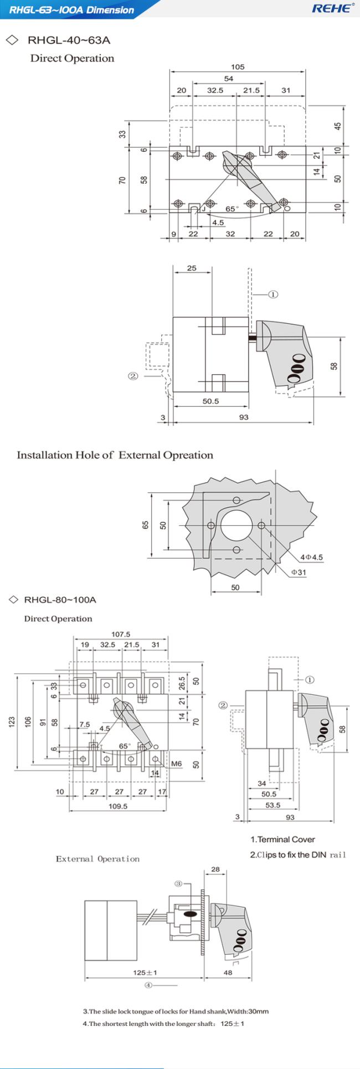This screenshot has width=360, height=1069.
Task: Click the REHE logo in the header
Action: (332, 8)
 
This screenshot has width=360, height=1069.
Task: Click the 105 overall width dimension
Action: (238, 67)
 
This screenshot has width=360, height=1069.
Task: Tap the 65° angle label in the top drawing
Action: (232, 209)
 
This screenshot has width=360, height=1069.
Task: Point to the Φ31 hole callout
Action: (299, 571)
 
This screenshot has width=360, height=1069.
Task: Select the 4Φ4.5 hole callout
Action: (311, 557)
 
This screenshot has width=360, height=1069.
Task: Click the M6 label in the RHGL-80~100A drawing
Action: (176, 763)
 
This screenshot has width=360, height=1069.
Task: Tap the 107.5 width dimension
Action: (121, 634)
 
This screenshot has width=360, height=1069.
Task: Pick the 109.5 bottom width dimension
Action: (117, 806)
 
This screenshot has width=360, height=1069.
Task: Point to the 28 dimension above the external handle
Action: (215, 869)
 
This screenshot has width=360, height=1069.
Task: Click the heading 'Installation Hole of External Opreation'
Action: (115, 455)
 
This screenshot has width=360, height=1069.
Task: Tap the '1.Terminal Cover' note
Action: (282, 839)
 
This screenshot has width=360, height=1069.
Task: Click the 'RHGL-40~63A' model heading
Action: (69, 40)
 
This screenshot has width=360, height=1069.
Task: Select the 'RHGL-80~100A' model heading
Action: (60, 600)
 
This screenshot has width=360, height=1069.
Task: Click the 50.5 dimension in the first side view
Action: (210, 401)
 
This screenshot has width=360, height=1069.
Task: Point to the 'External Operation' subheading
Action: (97, 859)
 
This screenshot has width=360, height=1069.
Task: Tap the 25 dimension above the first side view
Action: (192, 268)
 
